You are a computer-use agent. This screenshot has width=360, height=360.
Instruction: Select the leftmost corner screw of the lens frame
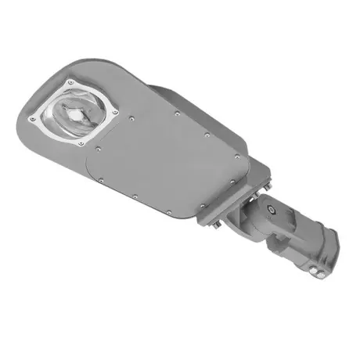pyautogui.click(x=33, y=119)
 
